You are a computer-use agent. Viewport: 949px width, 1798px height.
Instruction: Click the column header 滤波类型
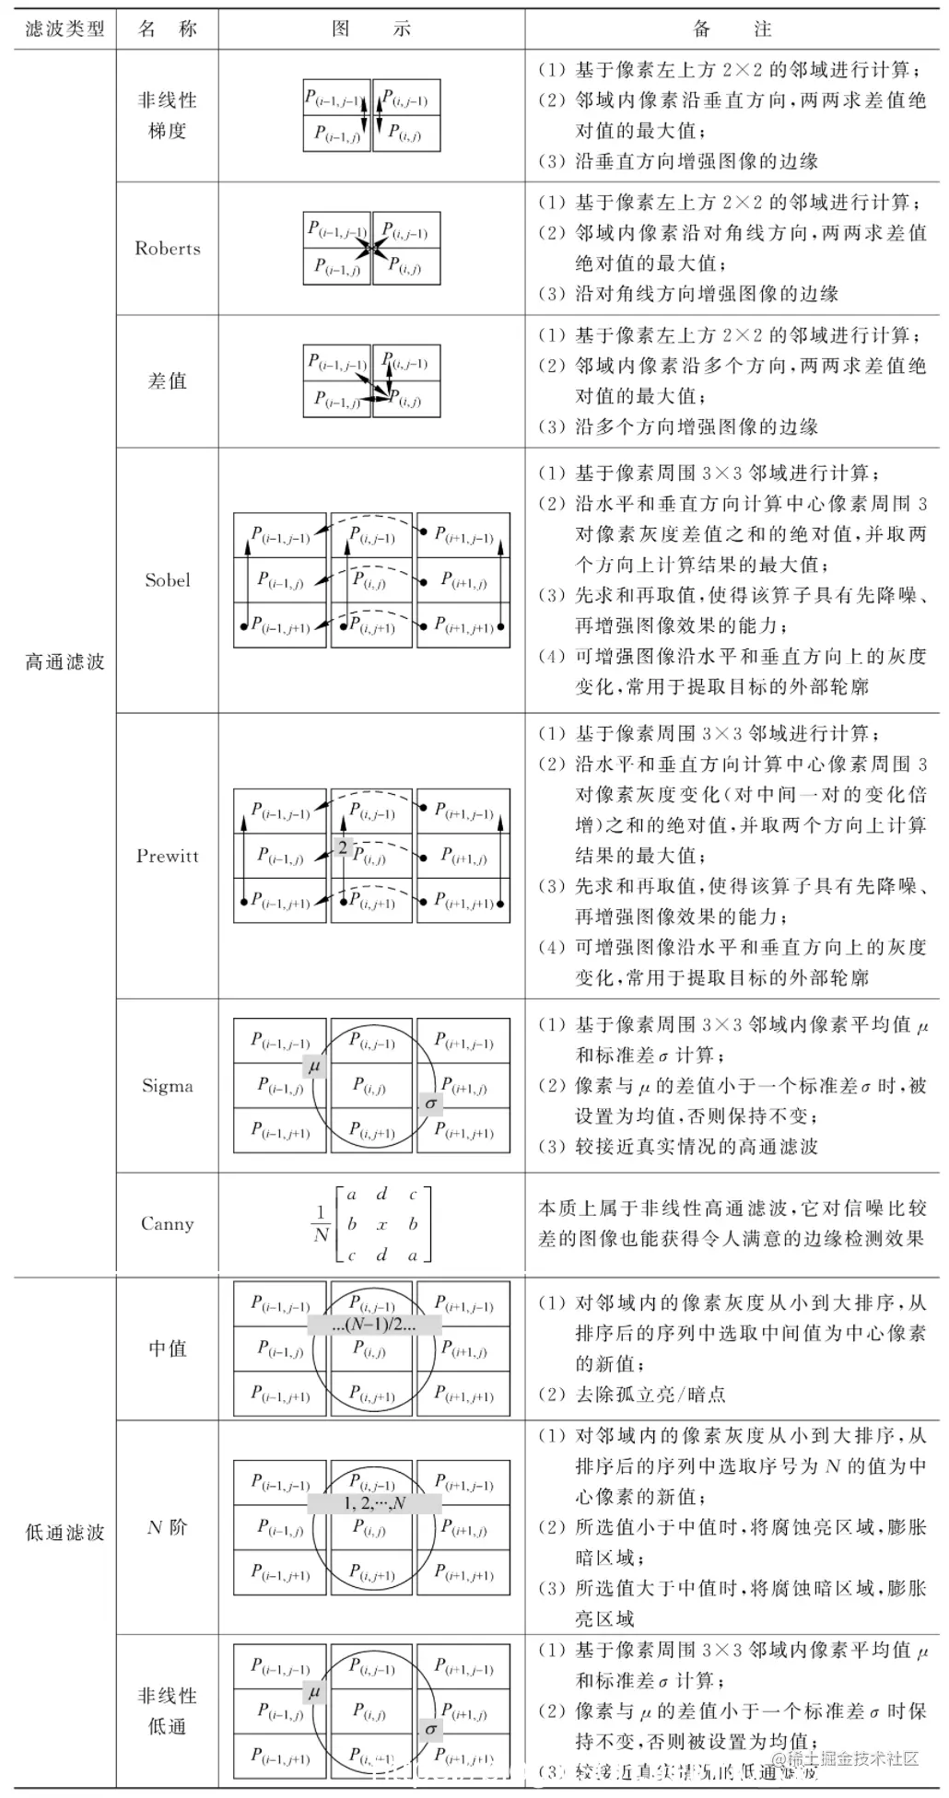point(64,29)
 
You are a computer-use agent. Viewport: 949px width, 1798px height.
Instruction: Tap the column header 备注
point(732,29)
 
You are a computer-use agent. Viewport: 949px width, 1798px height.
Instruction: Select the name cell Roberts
point(167,249)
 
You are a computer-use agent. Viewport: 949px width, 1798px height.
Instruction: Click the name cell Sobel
point(167,580)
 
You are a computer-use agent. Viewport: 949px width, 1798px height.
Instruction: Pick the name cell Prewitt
point(167,856)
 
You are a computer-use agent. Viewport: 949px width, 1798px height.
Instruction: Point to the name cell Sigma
point(167,1086)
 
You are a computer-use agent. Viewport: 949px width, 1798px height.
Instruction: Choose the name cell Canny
point(167,1224)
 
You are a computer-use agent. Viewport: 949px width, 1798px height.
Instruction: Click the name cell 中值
point(167,1348)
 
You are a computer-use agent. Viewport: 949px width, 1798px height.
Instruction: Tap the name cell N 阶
point(167,1528)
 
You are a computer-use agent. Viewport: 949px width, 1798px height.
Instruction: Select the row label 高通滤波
point(64,662)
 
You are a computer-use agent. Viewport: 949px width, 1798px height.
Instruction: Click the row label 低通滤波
point(64,1533)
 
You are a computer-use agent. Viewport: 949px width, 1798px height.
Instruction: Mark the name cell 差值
point(167,381)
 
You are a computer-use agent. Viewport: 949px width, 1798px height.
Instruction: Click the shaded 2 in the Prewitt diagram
point(343,847)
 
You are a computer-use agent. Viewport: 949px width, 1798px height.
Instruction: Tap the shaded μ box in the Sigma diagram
point(314,1067)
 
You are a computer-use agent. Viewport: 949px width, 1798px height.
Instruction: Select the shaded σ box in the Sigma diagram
point(429,1103)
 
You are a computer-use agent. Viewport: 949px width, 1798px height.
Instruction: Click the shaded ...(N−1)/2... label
point(374,1325)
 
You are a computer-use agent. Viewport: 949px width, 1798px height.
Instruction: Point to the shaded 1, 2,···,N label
point(374,1503)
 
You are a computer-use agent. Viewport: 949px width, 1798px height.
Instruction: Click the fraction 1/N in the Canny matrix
point(321,1224)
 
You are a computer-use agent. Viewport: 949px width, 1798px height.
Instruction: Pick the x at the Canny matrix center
point(382,1225)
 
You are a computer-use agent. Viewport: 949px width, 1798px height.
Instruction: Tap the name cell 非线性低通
point(167,1711)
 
